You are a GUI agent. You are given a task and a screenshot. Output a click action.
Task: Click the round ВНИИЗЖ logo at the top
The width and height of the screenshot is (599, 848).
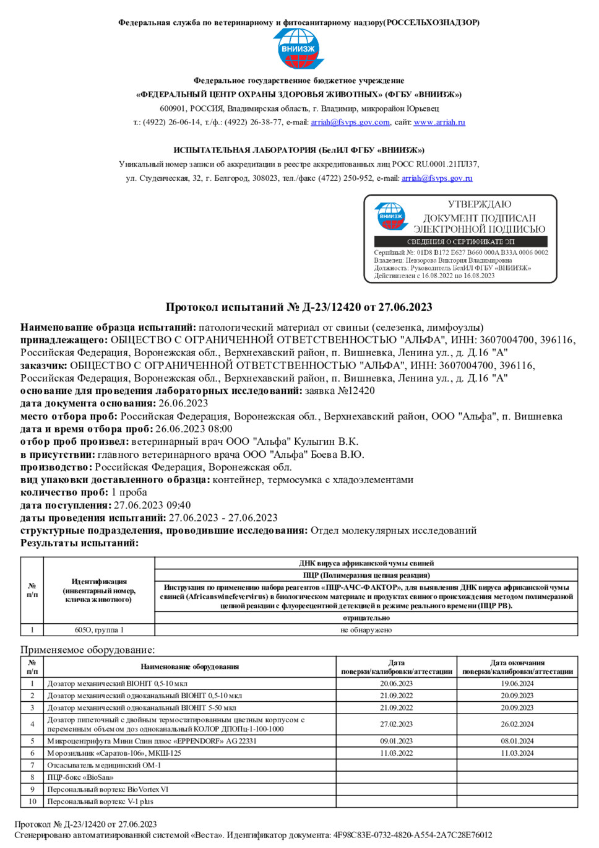(298, 48)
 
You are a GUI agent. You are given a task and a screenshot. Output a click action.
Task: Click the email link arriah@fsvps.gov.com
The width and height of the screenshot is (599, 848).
(350, 122)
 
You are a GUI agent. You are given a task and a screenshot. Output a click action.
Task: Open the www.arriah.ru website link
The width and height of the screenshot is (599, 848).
(439, 122)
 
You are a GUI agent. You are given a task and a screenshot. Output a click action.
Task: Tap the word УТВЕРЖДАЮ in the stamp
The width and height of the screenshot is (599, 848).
(480, 204)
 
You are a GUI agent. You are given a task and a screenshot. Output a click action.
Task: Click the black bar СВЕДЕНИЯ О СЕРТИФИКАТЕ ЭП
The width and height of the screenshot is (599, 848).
(460, 242)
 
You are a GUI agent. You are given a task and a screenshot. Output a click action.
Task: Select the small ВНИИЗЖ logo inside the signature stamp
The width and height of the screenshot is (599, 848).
(391, 216)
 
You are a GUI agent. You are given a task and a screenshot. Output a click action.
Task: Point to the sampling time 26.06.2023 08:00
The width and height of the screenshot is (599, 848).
(194, 429)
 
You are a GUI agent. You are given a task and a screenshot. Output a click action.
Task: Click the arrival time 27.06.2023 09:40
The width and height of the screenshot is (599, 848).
(152, 505)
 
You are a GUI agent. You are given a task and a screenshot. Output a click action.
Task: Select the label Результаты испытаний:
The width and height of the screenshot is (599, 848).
(80, 543)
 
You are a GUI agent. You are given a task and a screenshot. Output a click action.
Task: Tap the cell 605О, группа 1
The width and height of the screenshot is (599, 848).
(99, 630)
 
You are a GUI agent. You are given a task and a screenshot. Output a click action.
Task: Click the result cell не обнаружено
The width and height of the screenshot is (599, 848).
(366, 630)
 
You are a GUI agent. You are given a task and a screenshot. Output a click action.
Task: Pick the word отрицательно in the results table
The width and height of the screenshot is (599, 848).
(366, 618)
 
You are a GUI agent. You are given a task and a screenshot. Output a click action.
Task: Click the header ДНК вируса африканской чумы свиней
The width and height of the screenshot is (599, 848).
(366, 563)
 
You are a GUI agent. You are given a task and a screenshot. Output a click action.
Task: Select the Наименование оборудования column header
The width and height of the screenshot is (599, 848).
(189, 667)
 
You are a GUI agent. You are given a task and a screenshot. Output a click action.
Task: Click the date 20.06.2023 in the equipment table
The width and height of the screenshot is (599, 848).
(396, 684)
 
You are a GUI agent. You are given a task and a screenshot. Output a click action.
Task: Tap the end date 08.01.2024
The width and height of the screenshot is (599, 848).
(517, 741)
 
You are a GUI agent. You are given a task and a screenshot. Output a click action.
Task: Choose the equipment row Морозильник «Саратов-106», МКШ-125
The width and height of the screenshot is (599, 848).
(114, 753)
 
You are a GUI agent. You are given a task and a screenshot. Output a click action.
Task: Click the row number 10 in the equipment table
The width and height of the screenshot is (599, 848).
(32, 802)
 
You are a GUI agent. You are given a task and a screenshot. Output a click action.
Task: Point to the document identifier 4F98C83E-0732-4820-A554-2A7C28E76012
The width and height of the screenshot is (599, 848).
(413, 835)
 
